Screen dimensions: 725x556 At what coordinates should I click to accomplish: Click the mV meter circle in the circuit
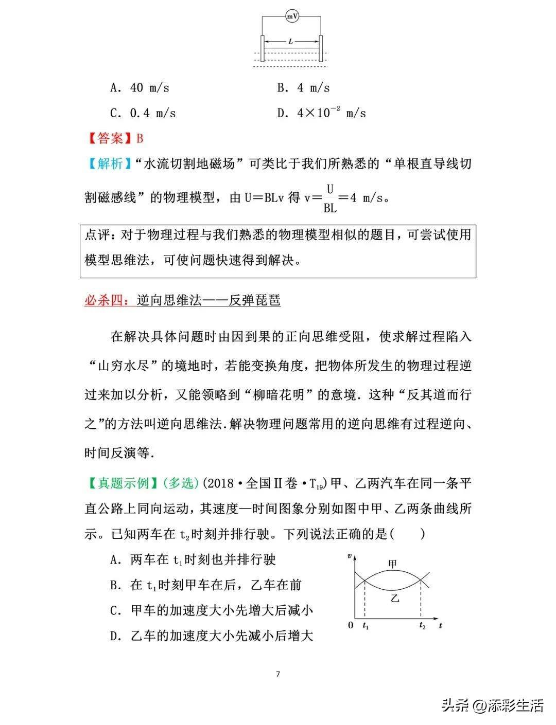[292, 17]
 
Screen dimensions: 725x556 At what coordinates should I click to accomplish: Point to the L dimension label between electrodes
[291, 42]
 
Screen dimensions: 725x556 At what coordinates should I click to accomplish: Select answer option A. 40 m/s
[140, 88]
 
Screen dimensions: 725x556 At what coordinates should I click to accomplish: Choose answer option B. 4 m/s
[303, 88]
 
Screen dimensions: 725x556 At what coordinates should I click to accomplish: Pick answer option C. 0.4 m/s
[143, 113]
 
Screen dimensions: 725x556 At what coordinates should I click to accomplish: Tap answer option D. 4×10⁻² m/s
[321, 113]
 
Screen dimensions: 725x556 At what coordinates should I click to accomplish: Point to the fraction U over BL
[329, 198]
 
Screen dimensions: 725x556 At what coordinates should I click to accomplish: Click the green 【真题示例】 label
[123, 483]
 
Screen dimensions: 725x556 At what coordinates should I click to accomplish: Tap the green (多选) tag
[180, 483]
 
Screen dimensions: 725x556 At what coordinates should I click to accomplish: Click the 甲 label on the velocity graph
[392, 564]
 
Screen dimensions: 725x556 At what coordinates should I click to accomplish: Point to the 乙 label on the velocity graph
[395, 598]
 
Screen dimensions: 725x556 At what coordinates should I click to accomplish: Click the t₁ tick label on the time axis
[366, 626]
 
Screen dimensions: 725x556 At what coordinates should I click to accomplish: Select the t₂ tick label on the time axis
[422, 626]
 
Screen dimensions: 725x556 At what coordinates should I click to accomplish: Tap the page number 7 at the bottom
[278, 674]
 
